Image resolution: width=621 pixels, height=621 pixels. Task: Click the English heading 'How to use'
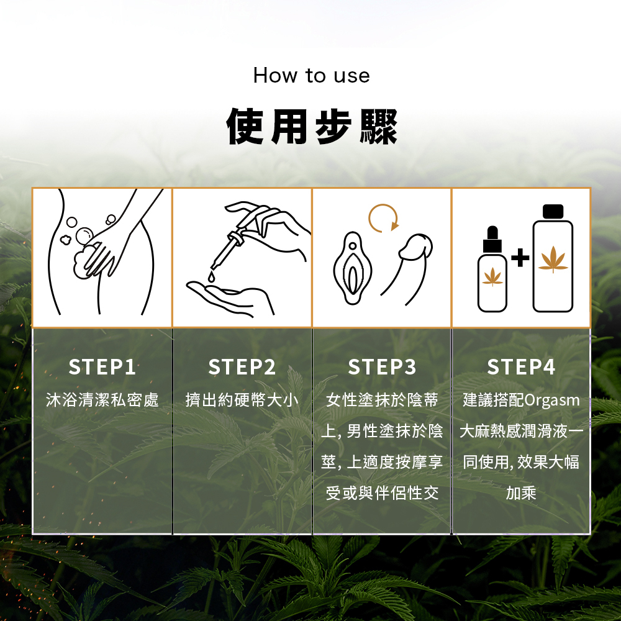tap(311, 75)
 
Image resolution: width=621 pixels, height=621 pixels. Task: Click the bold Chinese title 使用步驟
tap(312, 126)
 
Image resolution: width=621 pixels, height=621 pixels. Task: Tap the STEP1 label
tap(102, 367)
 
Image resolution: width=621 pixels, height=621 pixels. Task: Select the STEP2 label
tap(242, 367)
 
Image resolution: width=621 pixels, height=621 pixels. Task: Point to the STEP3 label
tap(382, 367)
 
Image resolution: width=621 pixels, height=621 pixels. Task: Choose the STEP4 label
tap(521, 367)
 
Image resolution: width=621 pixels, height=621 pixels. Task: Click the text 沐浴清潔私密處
tap(102, 399)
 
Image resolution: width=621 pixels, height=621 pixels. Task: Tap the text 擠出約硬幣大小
tap(242, 399)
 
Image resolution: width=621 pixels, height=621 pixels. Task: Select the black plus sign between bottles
tap(520, 258)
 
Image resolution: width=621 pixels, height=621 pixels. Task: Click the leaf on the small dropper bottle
tap(492, 276)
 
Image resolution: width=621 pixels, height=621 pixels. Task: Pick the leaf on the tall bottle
tap(553, 260)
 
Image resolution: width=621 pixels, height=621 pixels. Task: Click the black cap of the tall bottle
tap(553, 212)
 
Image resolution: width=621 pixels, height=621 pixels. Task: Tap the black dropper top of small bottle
tap(492, 240)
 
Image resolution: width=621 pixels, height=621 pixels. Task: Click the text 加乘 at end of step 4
tap(521, 493)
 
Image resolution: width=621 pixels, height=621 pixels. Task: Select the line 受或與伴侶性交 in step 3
tap(382, 493)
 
